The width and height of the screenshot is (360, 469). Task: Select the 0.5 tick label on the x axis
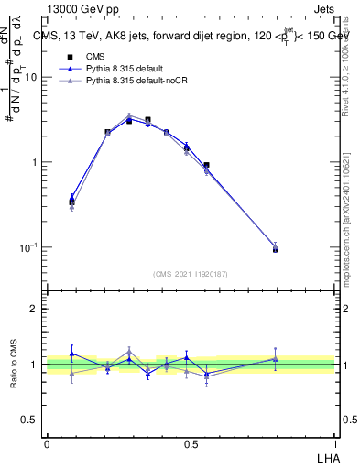click(x=191, y=443)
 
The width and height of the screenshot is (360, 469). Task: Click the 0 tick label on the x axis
click(x=47, y=443)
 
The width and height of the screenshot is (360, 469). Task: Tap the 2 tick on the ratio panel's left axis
click(x=36, y=309)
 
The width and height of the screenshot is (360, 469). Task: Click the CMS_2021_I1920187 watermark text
click(x=191, y=274)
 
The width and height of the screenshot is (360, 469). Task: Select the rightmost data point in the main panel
click(x=276, y=248)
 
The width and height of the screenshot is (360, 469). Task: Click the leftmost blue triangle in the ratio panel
click(x=72, y=354)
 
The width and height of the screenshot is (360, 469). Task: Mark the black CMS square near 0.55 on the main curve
click(x=207, y=166)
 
